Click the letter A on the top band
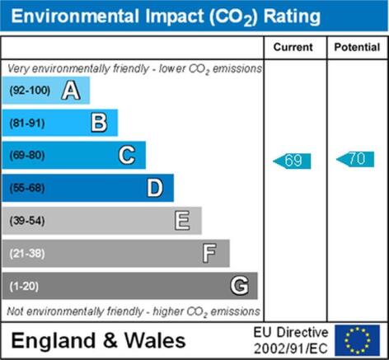(71, 90)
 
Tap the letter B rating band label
(99, 123)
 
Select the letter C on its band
(127, 155)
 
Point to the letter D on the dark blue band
(155, 188)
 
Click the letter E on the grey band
(182, 220)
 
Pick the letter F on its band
(209, 253)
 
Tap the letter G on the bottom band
(240, 286)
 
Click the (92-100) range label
(30, 91)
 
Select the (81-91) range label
(27, 123)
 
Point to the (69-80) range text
(27, 156)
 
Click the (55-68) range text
(27, 188)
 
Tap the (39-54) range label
(27, 221)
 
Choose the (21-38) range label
(27, 254)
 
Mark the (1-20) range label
(24, 287)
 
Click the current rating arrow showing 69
(292, 161)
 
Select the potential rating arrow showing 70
(355, 159)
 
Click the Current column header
(293, 47)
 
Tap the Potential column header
(357, 47)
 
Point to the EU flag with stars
(357, 340)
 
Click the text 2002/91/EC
(291, 348)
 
